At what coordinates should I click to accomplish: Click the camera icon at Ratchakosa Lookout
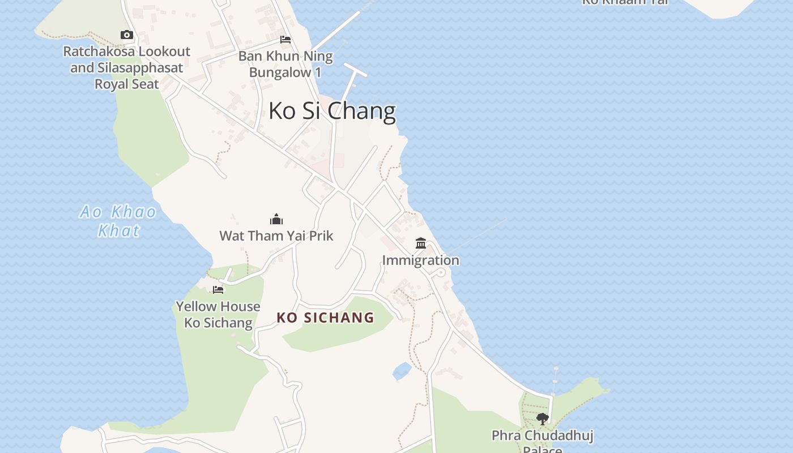point(127,35)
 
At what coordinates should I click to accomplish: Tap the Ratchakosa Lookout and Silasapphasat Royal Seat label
point(126,67)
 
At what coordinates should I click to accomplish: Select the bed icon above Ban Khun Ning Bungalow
point(285,40)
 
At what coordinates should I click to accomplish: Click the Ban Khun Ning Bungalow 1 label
point(285,65)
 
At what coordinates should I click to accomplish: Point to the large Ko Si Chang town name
point(332,110)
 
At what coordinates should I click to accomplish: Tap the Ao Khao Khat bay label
point(118,221)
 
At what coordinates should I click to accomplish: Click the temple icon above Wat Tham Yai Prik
point(276,219)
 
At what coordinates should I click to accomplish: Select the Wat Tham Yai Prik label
point(276,236)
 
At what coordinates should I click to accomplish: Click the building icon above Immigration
point(421,243)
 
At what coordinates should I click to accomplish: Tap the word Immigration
point(420,260)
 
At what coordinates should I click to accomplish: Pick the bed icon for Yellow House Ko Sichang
point(218,290)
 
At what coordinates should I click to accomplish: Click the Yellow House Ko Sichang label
point(218,314)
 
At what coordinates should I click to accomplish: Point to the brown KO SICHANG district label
point(326,318)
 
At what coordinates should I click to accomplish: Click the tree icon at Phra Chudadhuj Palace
point(542,419)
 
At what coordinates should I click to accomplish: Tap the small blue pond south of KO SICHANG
point(402,371)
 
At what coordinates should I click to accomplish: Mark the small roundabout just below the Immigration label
point(441,273)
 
